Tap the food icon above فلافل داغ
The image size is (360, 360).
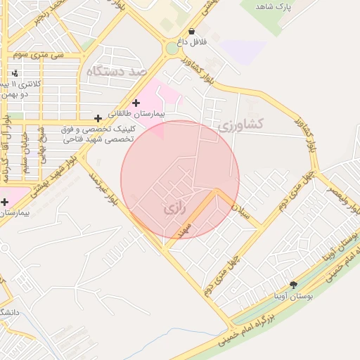coord(192,31)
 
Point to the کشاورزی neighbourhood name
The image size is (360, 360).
coord(240,124)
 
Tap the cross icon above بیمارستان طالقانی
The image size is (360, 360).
coord(136,103)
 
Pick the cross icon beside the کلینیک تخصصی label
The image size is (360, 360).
coord(98,118)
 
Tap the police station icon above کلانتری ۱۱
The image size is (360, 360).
coord(15,73)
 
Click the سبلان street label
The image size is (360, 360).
coord(243,210)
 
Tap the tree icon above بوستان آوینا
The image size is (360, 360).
coord(293,285)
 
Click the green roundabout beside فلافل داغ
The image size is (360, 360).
coord(171,49)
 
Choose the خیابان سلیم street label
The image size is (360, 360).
coord(26,148)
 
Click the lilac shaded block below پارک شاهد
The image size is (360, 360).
coord(242,50)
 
